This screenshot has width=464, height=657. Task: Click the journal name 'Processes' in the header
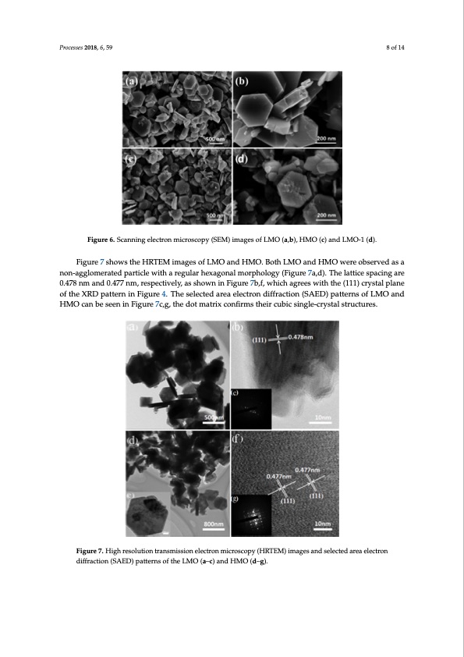tap(73, 48)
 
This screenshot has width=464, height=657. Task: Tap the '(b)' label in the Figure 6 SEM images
tap(243, 82)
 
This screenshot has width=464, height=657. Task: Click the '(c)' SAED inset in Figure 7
tap(252, 408)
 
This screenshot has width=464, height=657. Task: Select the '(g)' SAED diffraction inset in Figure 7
tap(253, 515)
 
